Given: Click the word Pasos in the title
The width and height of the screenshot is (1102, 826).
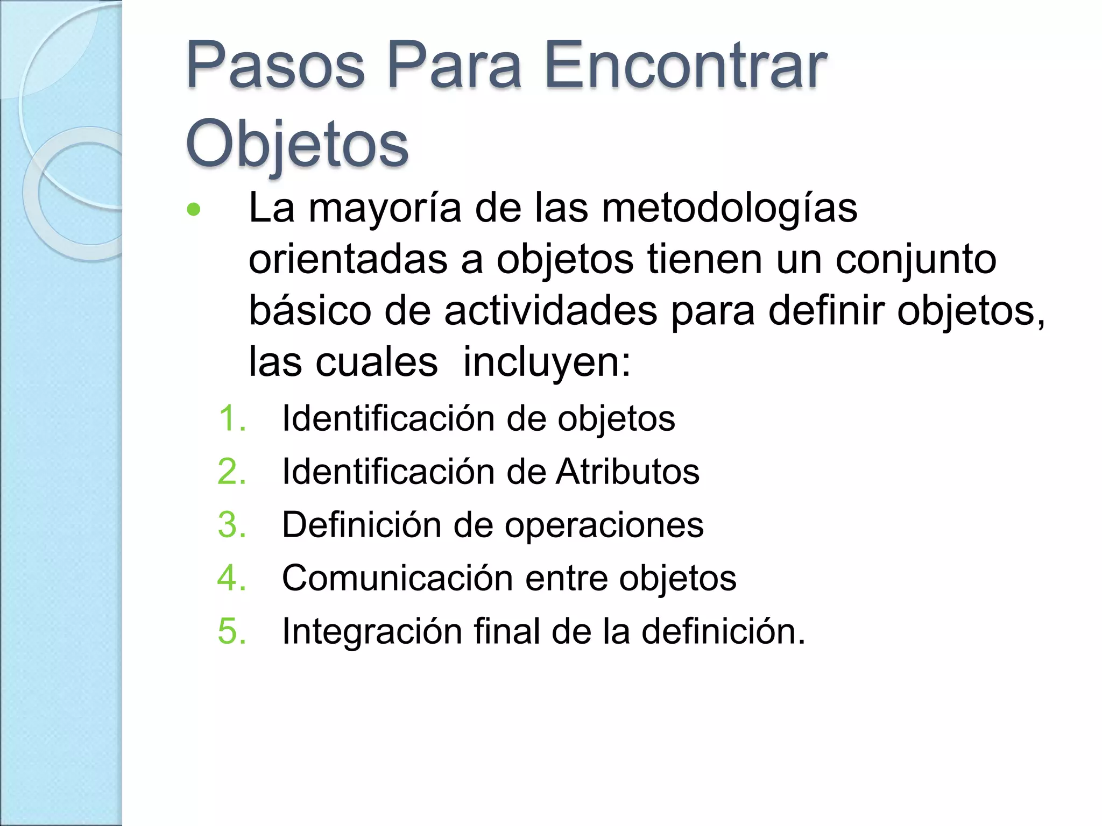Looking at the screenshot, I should click(x=275, y=67).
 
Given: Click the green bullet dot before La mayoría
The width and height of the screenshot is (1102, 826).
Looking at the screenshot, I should click(x=193, y=209).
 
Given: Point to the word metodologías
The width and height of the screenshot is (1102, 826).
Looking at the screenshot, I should click(x=729, y=209).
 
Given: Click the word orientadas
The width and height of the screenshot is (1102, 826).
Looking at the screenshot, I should click(x=348, y=260).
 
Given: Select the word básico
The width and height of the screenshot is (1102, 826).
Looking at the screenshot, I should click(x=310, y=311).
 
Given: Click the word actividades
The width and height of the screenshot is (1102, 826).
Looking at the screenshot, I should click(x=550, y=311).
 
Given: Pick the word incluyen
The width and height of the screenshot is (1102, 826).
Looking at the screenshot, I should click(x=547, y=362).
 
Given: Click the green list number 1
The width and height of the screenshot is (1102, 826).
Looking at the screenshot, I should click(x=232, y=418).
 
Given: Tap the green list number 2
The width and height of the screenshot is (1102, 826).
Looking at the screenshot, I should click(x=232, y=472).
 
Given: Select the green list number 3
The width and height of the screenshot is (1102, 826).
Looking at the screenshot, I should click(x=232, y=524).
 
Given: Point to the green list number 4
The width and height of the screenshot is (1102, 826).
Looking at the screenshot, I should click(x=232, y=578).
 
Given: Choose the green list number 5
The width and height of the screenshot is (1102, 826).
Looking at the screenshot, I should click(x=232, y=631).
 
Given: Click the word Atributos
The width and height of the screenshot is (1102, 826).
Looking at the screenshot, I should click(x=627, y=472).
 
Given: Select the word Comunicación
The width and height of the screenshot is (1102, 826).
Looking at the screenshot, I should click(x=397, y=578).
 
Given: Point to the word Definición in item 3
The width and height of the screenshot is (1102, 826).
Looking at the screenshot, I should click(x=362, y=524).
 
